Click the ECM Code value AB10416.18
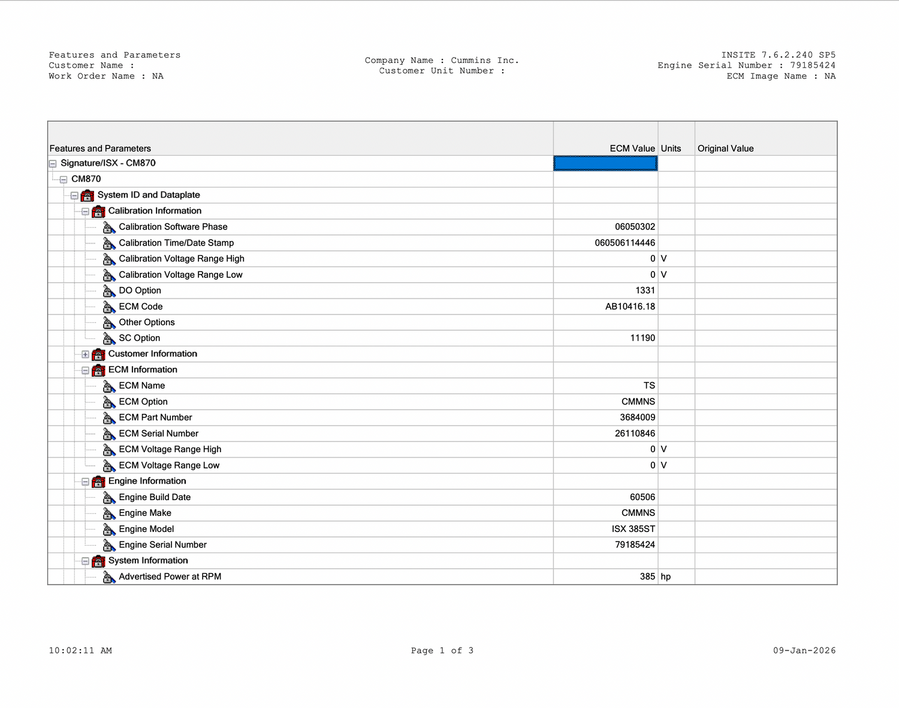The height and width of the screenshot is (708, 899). pos(630,307)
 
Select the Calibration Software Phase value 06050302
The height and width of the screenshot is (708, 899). pos(635,227)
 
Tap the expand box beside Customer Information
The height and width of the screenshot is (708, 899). pos(85,355)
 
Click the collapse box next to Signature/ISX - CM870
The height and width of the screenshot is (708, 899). pos(53,164)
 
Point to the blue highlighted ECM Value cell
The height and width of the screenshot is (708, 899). pos(605,164)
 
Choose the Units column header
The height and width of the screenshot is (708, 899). pos(671,149)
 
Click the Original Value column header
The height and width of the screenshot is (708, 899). pos(725,149)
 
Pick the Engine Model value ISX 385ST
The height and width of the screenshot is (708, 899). pos(633,530)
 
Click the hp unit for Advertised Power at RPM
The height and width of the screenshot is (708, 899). pos(665,577)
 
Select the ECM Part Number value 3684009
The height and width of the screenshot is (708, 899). pos(637,417)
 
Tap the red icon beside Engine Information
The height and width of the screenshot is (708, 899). pos(99,482)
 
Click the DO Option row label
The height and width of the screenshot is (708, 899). pos(140,291)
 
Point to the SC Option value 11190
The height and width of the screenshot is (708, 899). pos(642,338)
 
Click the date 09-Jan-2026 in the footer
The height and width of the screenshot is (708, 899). pos(804,650)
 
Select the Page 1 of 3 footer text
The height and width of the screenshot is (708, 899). pos(442,650)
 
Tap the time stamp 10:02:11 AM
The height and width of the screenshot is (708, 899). pos(80,650)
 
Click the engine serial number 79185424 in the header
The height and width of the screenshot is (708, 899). pos(812,65)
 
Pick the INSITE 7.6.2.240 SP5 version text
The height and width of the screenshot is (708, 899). pos(778,55)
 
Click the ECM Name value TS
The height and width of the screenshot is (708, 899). pos(649,386)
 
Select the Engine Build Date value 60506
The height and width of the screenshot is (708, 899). pos(642,497)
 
